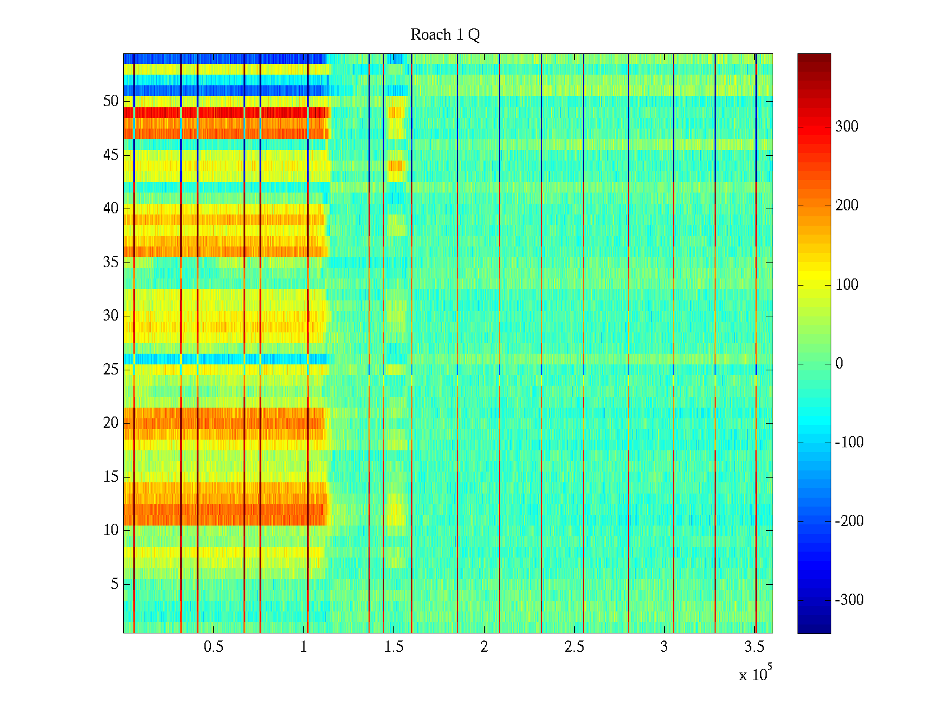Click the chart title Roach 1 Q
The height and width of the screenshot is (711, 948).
pos(445,35)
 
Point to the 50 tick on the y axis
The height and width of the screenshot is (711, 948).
pos(111,101)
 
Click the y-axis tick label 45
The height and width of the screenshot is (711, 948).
pos(111,155)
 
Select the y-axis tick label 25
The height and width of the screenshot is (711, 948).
pos(111,369)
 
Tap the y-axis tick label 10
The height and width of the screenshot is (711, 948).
pos(111,530)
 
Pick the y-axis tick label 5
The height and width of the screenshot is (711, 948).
pos(114,584)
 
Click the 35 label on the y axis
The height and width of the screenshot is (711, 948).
pos(111,262)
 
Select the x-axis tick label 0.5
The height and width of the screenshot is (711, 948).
pos(213,647)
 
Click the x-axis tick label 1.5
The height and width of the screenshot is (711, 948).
pos(393,647)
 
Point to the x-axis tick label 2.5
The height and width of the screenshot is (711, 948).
pos(574,647)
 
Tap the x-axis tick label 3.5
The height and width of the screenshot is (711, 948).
pos(754,647)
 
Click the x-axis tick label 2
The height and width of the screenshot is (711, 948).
pos(484,647)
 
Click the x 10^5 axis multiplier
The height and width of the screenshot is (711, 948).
pos(755,674)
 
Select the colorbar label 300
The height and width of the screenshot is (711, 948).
pos(847,126)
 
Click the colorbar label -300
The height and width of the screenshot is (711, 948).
pos(849,600)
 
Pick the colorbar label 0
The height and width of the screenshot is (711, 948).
pos(839,363)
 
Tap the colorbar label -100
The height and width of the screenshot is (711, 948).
pos(849,442)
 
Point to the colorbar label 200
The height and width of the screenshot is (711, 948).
pos(847,205)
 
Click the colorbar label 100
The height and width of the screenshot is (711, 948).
pos(847,284)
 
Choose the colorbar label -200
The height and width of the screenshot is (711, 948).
pos(849,521)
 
